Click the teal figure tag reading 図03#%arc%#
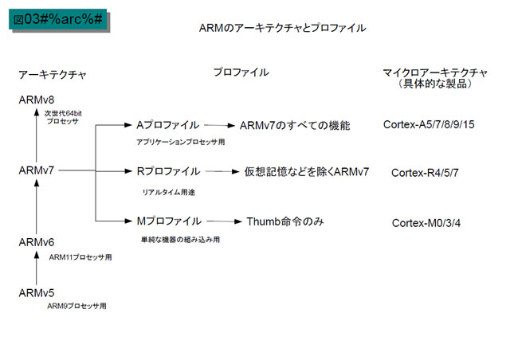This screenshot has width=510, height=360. tap(58, 19)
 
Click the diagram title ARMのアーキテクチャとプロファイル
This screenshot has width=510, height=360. tap(282, 28)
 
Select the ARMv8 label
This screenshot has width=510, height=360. tap(37, 100)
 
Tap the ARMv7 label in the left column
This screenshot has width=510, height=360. tap(37, 170)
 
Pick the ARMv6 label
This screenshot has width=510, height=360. tap(37, 242)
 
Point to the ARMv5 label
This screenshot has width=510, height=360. tap(37, 293)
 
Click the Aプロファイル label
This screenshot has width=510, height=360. tap(167, 125)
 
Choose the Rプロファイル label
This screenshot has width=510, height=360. tap(168, 171)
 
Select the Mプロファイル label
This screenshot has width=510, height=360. tap(169, 221)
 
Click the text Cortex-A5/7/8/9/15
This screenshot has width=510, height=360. tap(429, 124)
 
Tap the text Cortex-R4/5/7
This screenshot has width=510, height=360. tap(425, 173)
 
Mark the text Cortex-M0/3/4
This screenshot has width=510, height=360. tap(426, 223)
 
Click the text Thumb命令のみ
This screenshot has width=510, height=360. tap(285, 221)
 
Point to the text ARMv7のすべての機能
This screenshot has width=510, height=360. tap(295, 126)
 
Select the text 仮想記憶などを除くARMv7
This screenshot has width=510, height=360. tap(307, 172)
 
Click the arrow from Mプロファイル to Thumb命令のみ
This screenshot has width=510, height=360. tap(224, 221)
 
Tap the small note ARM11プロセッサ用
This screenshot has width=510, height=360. tap(80, 257)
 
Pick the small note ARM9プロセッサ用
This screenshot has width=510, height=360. tap(76, 306)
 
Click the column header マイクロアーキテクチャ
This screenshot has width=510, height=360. tap(435, 72)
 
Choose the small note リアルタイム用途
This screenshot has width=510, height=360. tap(168, 192)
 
